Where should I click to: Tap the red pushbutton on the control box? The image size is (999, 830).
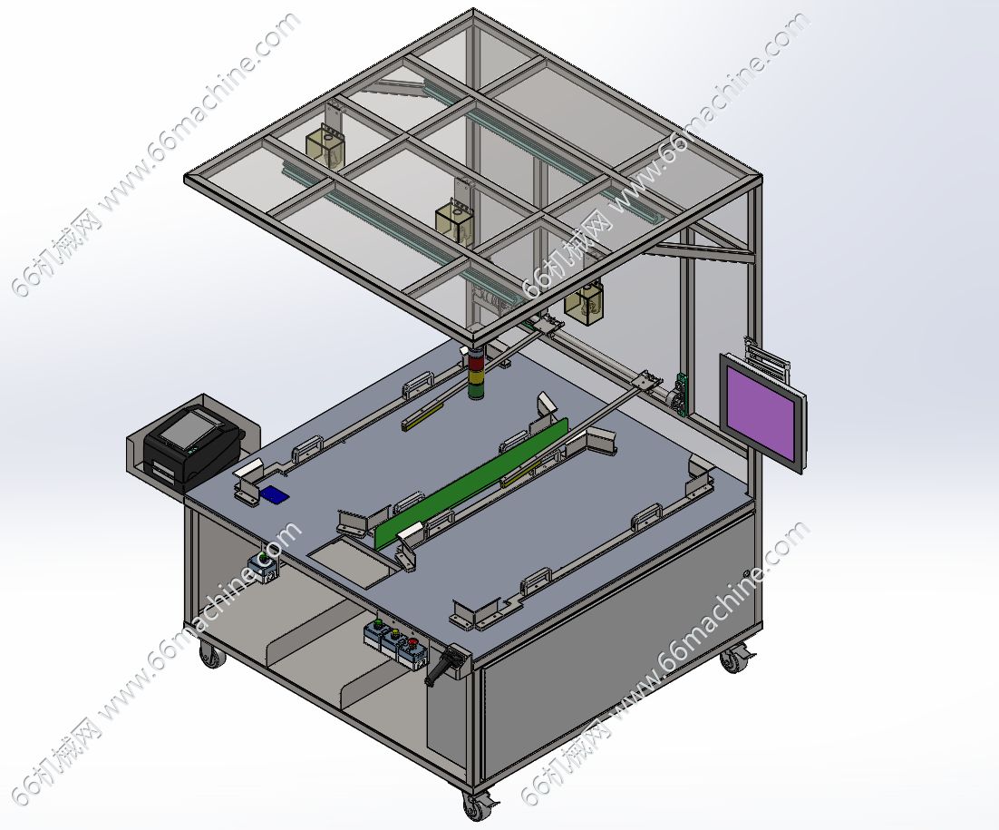[x=412, y=642]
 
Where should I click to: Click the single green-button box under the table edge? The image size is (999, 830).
[x=264, y=567]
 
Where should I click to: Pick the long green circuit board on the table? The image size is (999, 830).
[x=471, y=483]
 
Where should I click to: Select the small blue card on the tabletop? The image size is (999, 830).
[x=274, y=494]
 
